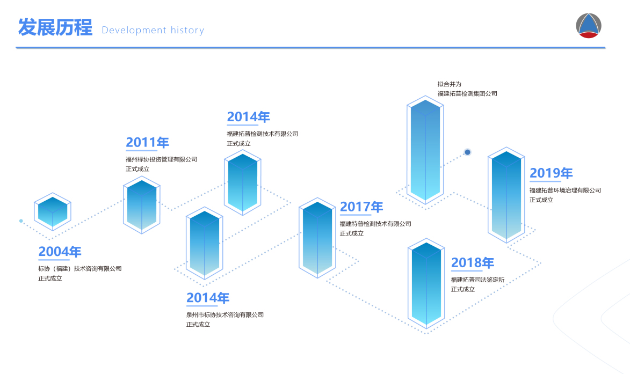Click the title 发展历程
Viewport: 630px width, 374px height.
55,27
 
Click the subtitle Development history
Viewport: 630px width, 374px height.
153,30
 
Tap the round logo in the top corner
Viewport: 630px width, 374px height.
589,26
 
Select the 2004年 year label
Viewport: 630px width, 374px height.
60,252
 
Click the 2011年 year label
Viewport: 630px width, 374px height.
148,142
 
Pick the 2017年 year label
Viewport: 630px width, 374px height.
361,207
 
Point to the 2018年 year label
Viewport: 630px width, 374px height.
473,262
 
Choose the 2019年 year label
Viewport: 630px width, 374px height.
551,173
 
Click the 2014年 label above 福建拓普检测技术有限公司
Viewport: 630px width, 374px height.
248,117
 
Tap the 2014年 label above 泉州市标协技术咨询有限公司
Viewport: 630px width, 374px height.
208,298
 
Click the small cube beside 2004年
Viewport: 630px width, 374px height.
53,211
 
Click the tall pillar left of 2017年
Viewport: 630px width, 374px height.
317,238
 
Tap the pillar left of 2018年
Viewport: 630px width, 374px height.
426,284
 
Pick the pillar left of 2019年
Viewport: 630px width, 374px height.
506,195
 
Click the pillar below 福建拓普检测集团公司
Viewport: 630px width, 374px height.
425,150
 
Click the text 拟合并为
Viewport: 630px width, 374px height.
449,84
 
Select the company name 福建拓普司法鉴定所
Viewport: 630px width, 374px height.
477,280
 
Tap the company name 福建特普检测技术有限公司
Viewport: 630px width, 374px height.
375,224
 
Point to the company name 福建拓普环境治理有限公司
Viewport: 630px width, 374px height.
566,190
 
